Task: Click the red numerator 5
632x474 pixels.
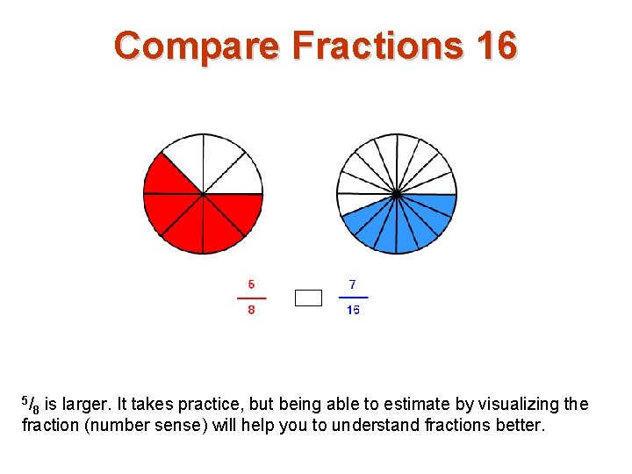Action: point(252,284)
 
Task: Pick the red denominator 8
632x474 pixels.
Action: point(252,310)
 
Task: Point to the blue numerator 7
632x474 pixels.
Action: point(353,284)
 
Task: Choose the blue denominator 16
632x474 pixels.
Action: point(353,310)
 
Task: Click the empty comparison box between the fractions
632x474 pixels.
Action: point(308,298)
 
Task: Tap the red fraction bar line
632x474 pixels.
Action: point(252,298)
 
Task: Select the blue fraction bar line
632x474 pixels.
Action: point(353,298)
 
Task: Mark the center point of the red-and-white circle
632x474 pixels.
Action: point(204,194)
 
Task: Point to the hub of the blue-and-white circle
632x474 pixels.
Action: point(397,194)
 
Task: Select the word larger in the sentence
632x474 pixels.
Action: point(84,405)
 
